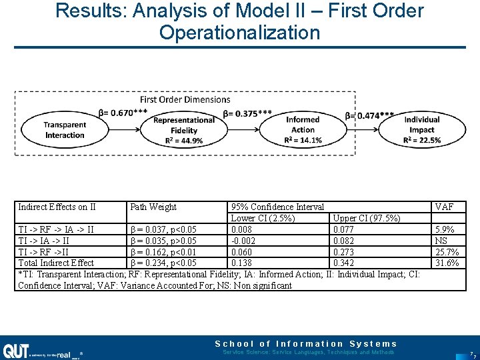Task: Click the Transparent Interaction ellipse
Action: click(64, 130)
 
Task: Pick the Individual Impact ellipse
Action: click(421, 130)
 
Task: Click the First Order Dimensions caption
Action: click(185, 99)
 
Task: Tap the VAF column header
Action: click(444, 207)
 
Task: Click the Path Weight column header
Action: click(153, 207)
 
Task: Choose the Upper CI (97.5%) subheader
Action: click(366, 219)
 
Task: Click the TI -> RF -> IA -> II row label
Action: click(56, 230)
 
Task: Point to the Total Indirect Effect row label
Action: click(56, 263)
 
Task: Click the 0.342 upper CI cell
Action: click(344, 263)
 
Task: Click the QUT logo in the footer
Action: click(15, 351)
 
